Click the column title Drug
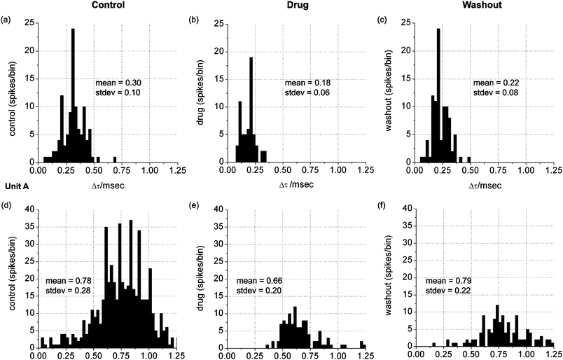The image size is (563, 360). click(x=295, y=6)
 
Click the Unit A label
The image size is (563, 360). click(x=14, y=186)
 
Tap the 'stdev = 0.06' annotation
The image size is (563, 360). click(x=302, y=92)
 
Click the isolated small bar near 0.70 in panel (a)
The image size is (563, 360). click(x=115, y=159)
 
